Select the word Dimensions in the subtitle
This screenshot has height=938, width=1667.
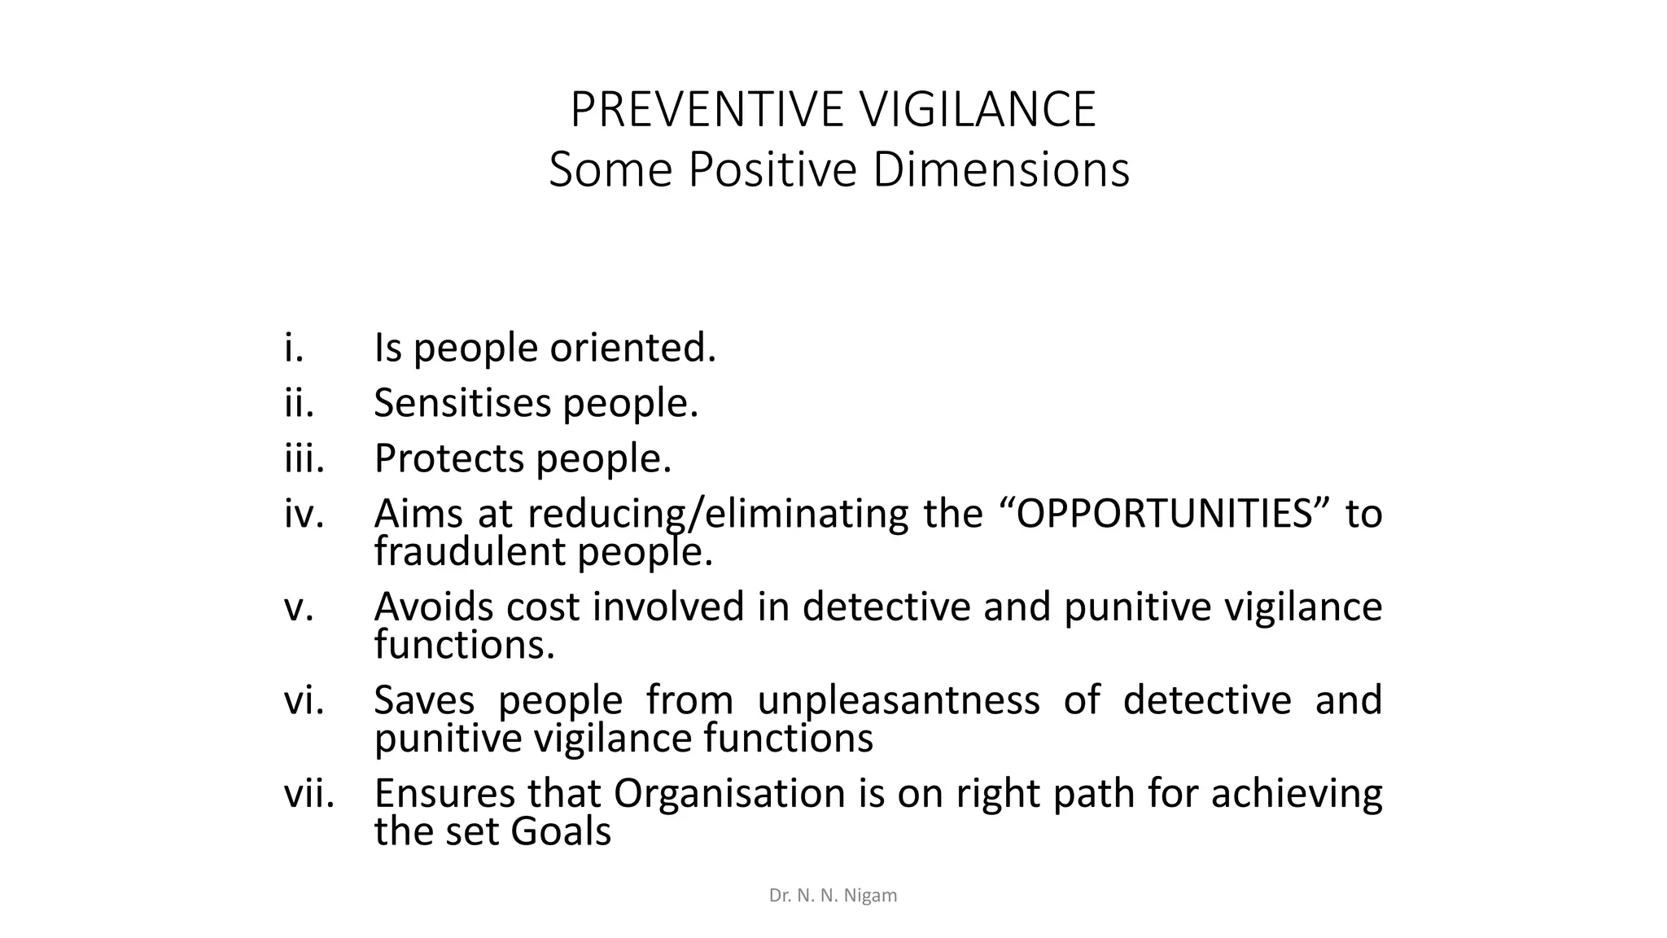pyautogui.click(x=1001, y=170)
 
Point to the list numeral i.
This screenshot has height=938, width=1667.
pyautogui.click(x=294, y=348)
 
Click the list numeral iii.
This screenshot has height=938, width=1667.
pyautogui.click(x=304, y=458)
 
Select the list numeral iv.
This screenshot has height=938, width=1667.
pyautogui.click(x=304, y=514)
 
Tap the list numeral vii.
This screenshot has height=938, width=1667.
pyautogui.click(x=309, y=793)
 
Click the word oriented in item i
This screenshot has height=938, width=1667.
pyautogui.click(x=632, y=348)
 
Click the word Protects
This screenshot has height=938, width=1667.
pyautogui.click(x=449, y=458)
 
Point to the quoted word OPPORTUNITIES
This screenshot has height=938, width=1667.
pyautogui.click(x=1166, y=514)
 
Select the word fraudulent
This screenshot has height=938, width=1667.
pyautogui.click(x=470, y=552)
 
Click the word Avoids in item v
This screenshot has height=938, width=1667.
pyautogui.click(x=434, y=607)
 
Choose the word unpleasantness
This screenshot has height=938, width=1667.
pyautogui.click(x=898, y=700)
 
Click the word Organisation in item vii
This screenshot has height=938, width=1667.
pyautogui.click(x=729, y=793)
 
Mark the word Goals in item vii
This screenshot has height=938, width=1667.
pyautogui.click(x=561, y=831)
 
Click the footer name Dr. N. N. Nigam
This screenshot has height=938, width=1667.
pyautogui.click(x=833, y=896)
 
